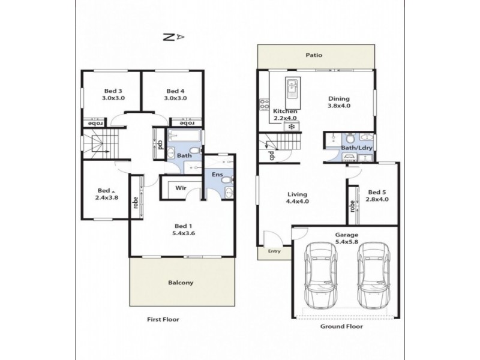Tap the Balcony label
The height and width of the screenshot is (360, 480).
tap(180, 282)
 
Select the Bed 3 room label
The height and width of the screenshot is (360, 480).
tap(112, 91)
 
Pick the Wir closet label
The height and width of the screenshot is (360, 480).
tap(179, 188)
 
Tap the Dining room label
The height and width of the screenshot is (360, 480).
tap(338, 100)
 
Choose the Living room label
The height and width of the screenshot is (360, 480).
tap(297, 194)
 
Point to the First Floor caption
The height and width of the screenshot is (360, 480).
tap(163, 320)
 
